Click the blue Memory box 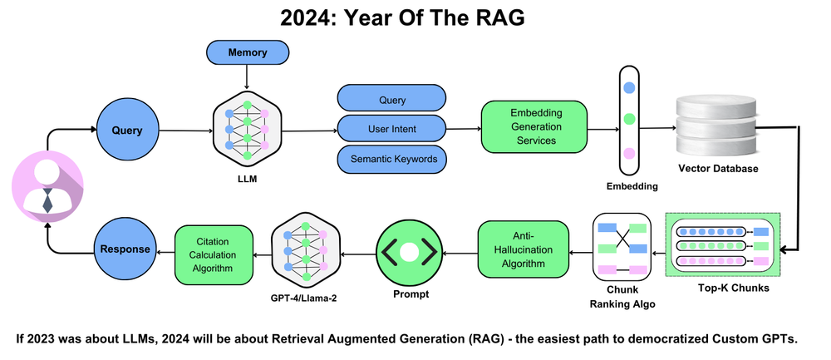247,53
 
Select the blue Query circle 126,130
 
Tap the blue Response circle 125,248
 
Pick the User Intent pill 391,129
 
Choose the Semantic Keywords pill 391,158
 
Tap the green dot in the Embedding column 629,120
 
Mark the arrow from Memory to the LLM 247,76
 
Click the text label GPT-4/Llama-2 307,296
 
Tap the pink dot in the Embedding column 629,153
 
